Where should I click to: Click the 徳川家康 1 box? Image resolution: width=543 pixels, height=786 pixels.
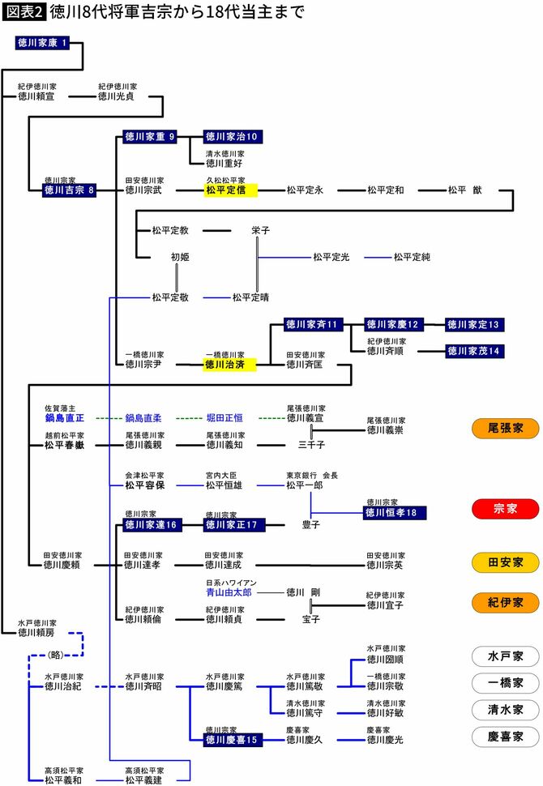pyautogui.click(x=48, y=43)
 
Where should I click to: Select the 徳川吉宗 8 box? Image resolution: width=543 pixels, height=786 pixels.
pyautogui.click(x=70, y=190)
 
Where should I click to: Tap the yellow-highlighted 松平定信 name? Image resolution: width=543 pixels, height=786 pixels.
pyautogui.click(x=230, y=190)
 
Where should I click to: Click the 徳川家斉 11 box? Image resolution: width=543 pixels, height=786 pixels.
pyautogui.click(x=313, y=325)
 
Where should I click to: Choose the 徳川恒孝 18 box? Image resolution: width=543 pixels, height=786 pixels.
pyautogui.click(x=395, y=512)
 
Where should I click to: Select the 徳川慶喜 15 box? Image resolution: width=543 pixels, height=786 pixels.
pyautogui.click(x=233, y=739)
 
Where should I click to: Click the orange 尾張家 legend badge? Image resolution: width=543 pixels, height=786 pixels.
pyautogui.click(x=505, y=428)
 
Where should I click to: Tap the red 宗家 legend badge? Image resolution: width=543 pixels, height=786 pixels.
pyautogui.click(x=505, y=509)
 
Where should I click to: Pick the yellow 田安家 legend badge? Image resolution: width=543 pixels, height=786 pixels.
pyautogui.click(x=505, y=562)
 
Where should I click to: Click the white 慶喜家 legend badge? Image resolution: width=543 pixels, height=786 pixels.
pyautogui.click(x=505, y=736)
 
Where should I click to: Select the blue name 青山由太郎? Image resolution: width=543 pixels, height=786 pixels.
pyautogui.click(x=229, y=592)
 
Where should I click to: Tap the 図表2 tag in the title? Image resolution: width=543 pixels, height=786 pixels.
pyautogui.click(x=24, y=13)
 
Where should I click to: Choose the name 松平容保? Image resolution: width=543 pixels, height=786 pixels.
pyautogui.click(x=144, y=485)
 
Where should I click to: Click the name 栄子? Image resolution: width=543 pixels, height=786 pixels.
pyautogui.click(x=260, y=231)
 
